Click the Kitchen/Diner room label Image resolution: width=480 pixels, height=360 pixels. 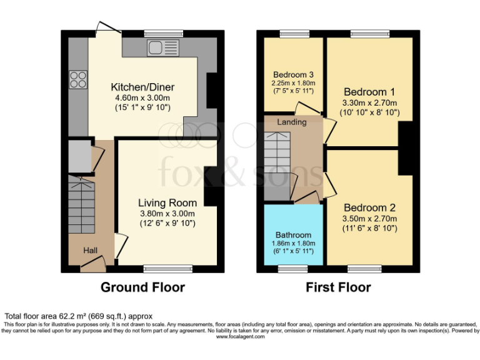coord(142,87)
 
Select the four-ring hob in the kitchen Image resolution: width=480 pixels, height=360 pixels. coord(79,79)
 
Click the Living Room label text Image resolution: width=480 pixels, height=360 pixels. coord(167,202)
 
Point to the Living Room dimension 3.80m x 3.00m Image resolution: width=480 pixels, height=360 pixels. coord(167,213)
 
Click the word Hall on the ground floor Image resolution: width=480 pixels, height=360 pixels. coord(91,251)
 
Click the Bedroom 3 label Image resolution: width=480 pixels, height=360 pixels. coord(292,74)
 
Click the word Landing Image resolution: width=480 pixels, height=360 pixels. coord(292,122)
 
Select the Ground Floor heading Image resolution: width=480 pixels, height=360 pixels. coord(143,287)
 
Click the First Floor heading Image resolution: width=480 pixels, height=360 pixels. coord(338,287)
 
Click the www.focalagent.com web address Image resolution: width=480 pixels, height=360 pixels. coord(240,337)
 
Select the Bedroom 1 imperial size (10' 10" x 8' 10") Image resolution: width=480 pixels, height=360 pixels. coord(370,112)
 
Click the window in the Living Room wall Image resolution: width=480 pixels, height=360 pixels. coord(167,269)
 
